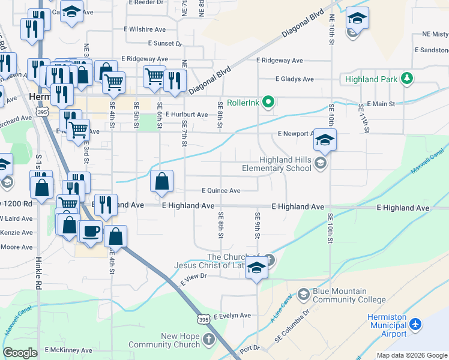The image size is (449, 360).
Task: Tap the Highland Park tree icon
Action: (407, 79)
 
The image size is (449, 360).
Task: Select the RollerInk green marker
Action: (268, 103)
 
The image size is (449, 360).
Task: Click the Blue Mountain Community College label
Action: (349, 296)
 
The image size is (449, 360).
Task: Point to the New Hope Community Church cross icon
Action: (208, 340)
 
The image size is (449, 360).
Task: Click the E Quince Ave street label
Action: (221, 191)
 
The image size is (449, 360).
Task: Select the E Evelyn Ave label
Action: (231, 315)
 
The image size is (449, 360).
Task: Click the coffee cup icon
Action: (91, 230)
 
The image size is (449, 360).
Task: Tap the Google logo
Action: (20, 353)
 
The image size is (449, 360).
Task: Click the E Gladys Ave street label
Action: (294, 79)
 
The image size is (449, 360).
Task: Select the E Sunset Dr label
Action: (165, 44)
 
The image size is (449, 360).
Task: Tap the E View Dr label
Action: (193, 276)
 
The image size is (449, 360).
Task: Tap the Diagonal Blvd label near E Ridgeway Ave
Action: (210, 80)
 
